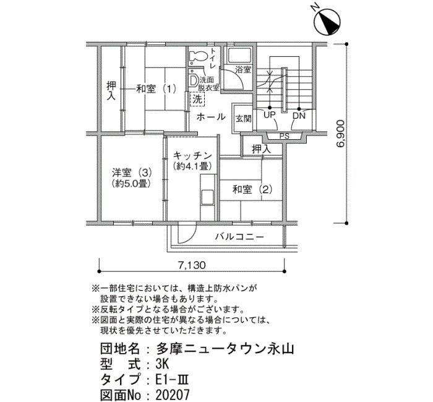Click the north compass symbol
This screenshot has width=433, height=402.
pyautogui.click(x=327, y=22)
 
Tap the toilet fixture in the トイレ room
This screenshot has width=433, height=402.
pyautogui.click(x=199, y=56)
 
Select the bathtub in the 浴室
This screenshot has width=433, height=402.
pyautogui.click(x=239, y=56)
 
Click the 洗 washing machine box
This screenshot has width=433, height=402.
pyautogui.click(x=197, y=99)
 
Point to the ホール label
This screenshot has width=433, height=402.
pyautogui.click(x=211, y=117)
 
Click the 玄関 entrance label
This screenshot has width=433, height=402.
pyautogui.click(x=243, y=119)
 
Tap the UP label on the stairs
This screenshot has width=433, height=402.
pyautogui.click(x=269, y=115)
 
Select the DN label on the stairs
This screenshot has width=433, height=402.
pyautogui.click(x=299, y=116)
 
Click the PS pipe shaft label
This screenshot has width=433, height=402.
pyautogui.click(x=285, y=136)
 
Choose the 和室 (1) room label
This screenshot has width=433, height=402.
pyautogui.click(x=156, y=89)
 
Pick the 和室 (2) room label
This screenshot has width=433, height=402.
pyautogui.click(x=252, y=190)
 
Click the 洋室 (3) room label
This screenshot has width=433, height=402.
pyautogui.click(x=132, y=173)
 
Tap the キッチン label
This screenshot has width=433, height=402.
pyautogui.click(x=192, y=156)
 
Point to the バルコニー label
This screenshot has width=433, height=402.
pyautogui.click(x=240, y=237)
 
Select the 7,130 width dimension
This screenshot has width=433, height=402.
pyautogui.click(x=192, y=265)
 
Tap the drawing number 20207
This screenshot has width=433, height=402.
pyautogui.click(x=173, y=395)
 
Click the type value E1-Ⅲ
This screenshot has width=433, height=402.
pyautogui.click(x=172, y=380)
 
